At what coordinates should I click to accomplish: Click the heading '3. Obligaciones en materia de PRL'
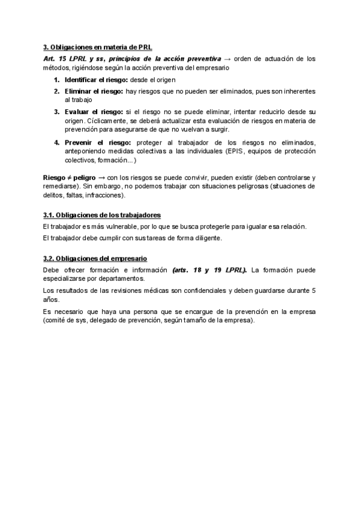click(101, 47)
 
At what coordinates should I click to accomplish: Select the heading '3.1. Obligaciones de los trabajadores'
click(102, 215)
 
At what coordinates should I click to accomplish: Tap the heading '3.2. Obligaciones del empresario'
click(95, 259)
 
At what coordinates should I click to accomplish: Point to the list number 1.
click(56, 80)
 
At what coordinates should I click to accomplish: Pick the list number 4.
click(56, 142)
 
